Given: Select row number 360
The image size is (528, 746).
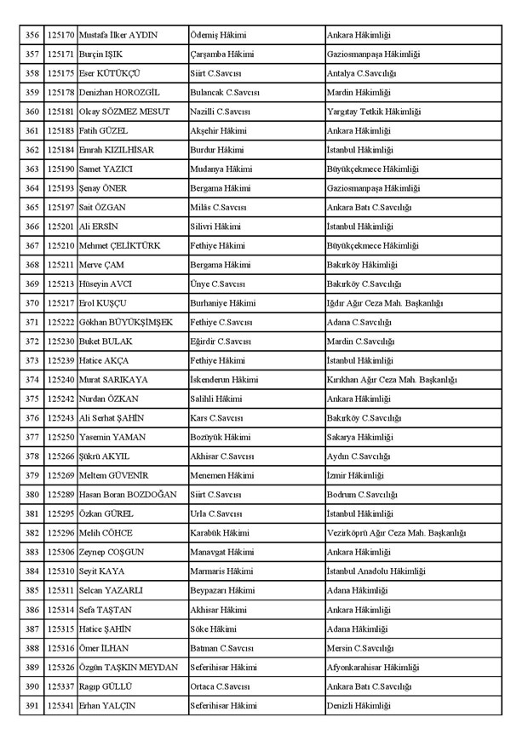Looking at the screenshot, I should point(32,112).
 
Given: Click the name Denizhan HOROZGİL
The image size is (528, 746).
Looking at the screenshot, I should point(119,92).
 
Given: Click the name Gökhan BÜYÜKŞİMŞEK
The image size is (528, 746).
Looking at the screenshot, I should point(125,322).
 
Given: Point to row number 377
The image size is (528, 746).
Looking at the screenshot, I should point(32,437).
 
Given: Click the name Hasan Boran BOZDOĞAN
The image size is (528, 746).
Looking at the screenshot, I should point(128,495).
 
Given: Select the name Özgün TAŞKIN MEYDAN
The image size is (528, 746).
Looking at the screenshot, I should point(128,667).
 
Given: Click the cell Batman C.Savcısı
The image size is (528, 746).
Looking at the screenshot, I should point(221,648).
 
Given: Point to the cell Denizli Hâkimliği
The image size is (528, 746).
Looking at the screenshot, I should point(358,706).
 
